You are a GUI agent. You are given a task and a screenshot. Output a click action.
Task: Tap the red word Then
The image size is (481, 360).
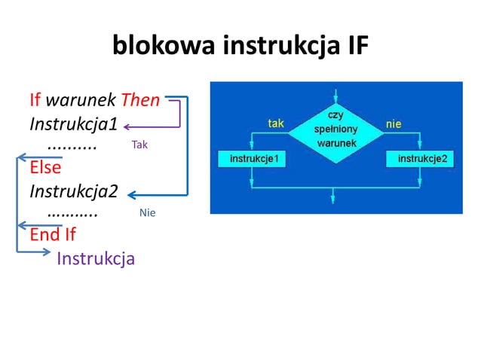[x=140, y=99]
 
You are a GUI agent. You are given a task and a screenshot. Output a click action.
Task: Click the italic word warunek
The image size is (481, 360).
[x=81, y=99]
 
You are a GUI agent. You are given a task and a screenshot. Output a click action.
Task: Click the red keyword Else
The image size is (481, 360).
[x=45, y=167]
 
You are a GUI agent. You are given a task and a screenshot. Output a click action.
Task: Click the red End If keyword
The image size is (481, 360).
[x=53, y=234]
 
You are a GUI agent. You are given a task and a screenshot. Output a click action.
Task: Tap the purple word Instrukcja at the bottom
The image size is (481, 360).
[x=96, y=259]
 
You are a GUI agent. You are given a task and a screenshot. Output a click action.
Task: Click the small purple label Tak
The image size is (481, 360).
[x=139, y=145]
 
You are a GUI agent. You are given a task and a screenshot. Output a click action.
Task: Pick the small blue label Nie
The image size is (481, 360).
[x=147, y=213]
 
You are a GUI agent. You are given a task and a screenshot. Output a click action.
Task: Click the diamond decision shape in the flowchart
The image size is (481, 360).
[x=332, y=130]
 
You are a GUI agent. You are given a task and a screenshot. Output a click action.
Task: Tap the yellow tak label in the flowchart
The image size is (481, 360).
[x=276, y=123]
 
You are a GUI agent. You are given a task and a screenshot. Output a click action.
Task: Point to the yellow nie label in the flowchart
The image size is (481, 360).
[x=393, y=123]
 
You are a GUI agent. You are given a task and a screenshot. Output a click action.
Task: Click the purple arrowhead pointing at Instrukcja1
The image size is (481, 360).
[x=127, y=126]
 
